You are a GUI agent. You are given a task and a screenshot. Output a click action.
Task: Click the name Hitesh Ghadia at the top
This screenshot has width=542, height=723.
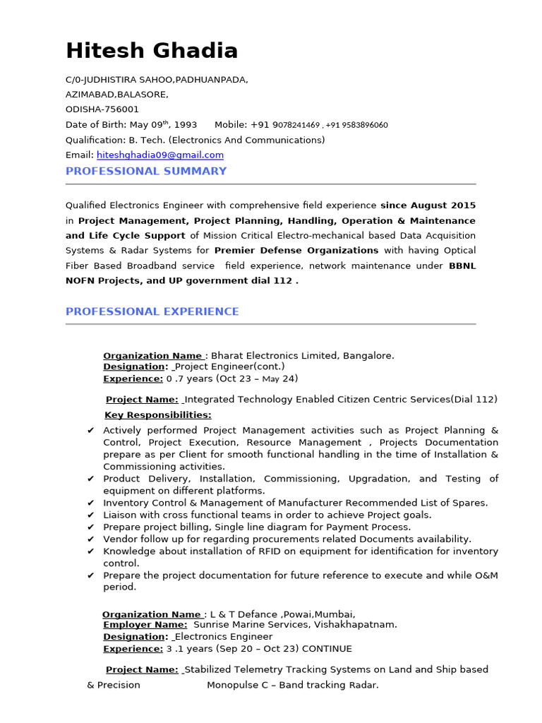pyautogui.click(x=152, y=50)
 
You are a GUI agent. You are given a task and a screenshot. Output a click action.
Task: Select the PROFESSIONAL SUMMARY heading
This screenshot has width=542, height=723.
pyautogui.click(x=146, y=171)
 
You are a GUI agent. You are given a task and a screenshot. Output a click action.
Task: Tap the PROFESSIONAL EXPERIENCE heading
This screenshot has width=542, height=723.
pyautogui.click(x=152, y=311)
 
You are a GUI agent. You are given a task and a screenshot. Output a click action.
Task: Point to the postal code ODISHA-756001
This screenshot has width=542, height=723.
pyautogui.click(x=102, y=109)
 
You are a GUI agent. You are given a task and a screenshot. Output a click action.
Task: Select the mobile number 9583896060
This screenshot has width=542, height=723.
pyautogui.click(x=356, y=125)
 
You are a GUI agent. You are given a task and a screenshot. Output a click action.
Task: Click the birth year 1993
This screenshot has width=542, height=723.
pyautogui.click(x=186, y=125)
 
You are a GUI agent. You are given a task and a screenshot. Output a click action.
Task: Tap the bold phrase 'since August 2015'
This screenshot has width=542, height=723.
pyautogui.click(x=428, y=205)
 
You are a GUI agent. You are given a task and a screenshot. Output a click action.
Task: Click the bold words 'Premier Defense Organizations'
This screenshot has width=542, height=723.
pyautogui.click(x=296, y=251)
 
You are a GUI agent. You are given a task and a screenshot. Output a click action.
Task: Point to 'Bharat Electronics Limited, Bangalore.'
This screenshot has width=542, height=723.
pyautogui.click(x=303, y=356)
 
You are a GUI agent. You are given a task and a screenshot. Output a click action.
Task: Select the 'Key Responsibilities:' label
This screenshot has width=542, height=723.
pyautogui.click(x=158, y=415)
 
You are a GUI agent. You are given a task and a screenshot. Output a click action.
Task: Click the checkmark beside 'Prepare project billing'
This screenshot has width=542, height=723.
pyautogui.click(x=90, y=527)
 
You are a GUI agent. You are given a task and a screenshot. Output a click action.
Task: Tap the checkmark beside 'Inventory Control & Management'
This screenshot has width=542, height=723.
pyautogui.click(x=90, y=503)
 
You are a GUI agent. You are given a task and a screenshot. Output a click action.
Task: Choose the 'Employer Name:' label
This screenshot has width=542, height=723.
pyautogui.click(x=145, y=625)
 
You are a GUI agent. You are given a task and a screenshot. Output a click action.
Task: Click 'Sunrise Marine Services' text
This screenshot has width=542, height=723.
pyautogui.click(x=248, y=625)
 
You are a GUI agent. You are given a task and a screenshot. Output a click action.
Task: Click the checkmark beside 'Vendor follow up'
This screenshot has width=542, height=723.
pyautogui.click(x=90, y=539)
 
